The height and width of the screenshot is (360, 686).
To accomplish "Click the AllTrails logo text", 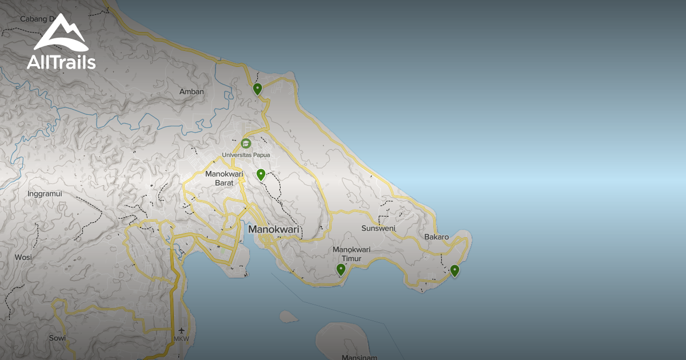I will pyautogui.click(x=61, y=62).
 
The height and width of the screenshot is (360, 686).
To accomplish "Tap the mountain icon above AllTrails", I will pyautogui.click(x=61, y=34).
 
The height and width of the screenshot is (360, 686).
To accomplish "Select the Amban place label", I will pyautogui.click(x=192, y=91).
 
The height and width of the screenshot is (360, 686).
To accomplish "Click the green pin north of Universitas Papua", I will pyautogui.click(x=258, y=89).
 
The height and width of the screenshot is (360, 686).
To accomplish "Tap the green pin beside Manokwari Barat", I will pyautogui.click(x=261, y=174).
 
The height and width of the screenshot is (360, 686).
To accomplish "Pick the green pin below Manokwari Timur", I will pyautogui.click(x=341, y=269).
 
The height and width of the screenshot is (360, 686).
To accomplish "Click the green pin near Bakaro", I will pyautogui.click(x=454, y=270).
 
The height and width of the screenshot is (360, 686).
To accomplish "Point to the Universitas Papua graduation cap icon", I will pyautogui.click(x=246, y=143).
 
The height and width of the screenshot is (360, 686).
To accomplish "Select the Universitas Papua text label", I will pyautogui.click(x=246, y=155).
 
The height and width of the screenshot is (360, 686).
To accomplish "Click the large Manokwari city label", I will pyautogui.click(x=274, y=230).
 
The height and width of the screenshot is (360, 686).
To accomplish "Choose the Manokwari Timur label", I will pyautogui.click(x=352, y=254).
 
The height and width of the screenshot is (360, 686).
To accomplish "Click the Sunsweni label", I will pyautogui.click(x=378, y=229).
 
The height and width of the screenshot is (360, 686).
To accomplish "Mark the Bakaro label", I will pyautogui.click(x=436, y=237).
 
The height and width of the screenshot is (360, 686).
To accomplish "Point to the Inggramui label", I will pyautogui.click(x=45, y=194).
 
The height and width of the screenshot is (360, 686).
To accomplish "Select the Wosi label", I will pyautogui.click(x=23, y=257).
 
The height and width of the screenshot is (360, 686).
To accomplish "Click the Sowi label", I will pyautogui.click(x=57, y=338).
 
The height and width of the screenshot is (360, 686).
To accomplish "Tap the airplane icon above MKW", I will pyautogui.click(x=182, y=330).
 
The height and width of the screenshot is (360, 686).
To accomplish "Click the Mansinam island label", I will pyautogui.click(x=359, y=357).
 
